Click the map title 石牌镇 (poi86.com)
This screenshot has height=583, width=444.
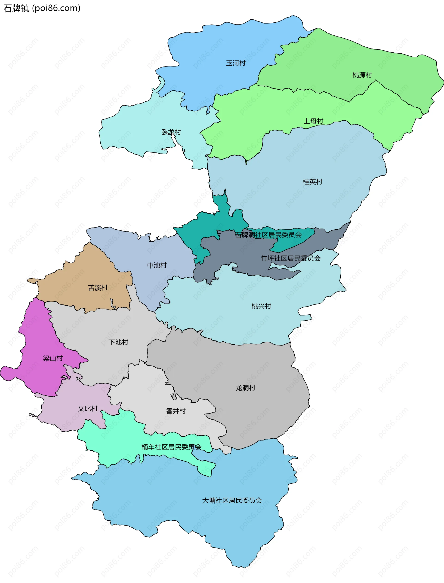pos(42,8)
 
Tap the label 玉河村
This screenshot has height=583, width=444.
pos(235,63)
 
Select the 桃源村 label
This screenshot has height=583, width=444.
pos(362,75)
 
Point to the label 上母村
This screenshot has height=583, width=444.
pos(313,121)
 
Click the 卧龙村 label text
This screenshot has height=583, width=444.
pos(171,132)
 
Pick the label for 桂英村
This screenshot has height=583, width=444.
pos(312,182)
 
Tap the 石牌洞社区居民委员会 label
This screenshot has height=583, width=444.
pos(268,235)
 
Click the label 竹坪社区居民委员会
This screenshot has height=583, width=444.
pos(290,258)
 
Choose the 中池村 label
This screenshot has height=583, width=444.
pos(157,265)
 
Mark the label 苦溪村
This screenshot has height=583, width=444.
pos(98,288)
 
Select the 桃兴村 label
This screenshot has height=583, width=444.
pos(261,306)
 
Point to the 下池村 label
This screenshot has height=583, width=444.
pos(118,342)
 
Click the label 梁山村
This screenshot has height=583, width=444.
pos(53,358)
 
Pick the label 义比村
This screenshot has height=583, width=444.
pos(88,409)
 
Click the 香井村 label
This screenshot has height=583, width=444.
pos(176,411)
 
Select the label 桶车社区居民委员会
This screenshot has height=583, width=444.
pos(171,447)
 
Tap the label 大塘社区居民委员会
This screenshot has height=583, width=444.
pos(232,500)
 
